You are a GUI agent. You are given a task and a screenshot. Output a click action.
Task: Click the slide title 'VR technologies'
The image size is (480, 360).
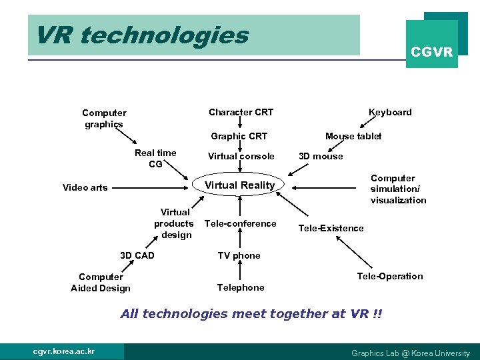point(141,35)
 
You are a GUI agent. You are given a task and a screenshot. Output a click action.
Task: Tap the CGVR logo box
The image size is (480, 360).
point(432,44)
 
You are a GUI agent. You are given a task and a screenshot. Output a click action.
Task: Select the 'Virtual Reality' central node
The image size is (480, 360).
point(239,185)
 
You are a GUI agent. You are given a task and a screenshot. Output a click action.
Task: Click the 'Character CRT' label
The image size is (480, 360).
point(241,112)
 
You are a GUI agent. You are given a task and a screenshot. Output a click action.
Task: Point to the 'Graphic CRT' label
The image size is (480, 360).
point(239,136)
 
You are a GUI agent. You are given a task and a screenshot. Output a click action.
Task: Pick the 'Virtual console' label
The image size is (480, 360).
point(241,156)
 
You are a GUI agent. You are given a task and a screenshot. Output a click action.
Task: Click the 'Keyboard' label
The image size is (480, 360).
point(390,112)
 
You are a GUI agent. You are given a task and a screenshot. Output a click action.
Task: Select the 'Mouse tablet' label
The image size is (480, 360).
point(353,136)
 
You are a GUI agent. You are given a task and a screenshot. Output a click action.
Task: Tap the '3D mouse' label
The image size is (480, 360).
point(321,156)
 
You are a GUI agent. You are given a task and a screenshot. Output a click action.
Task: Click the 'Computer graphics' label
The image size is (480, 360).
point(104,118)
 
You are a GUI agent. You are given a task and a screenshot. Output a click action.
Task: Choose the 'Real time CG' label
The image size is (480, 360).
point(155,158)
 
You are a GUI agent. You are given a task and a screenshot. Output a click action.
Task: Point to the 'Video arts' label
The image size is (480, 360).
point(85,187)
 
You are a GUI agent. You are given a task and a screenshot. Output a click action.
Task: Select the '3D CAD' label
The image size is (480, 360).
point(137,255)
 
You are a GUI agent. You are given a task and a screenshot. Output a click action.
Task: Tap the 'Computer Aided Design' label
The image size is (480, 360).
point(101,282)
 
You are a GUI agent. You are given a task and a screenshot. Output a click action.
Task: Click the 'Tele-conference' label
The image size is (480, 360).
point(240,223)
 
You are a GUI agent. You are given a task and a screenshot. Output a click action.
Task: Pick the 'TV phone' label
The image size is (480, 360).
point(239,255)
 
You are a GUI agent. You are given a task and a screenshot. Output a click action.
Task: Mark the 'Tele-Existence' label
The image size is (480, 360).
point(331,228)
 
